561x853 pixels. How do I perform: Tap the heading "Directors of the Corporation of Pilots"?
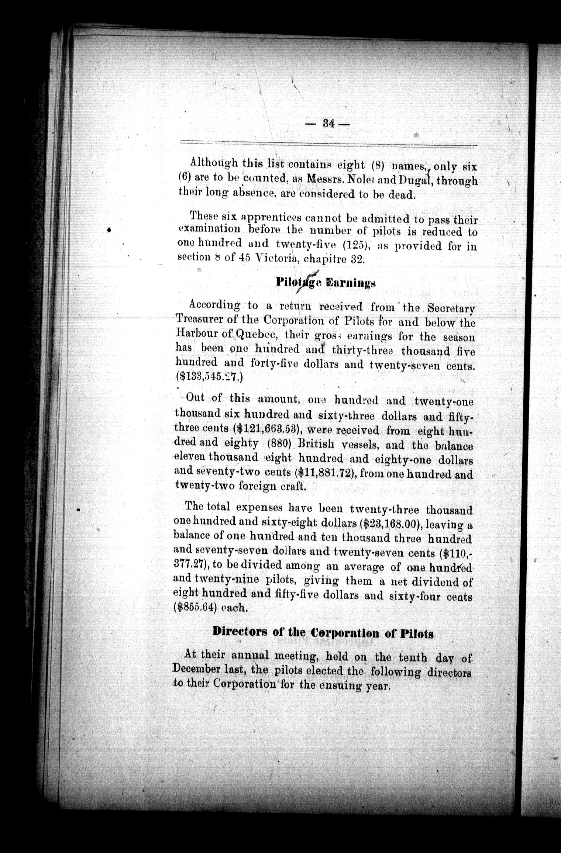point(323,633)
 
